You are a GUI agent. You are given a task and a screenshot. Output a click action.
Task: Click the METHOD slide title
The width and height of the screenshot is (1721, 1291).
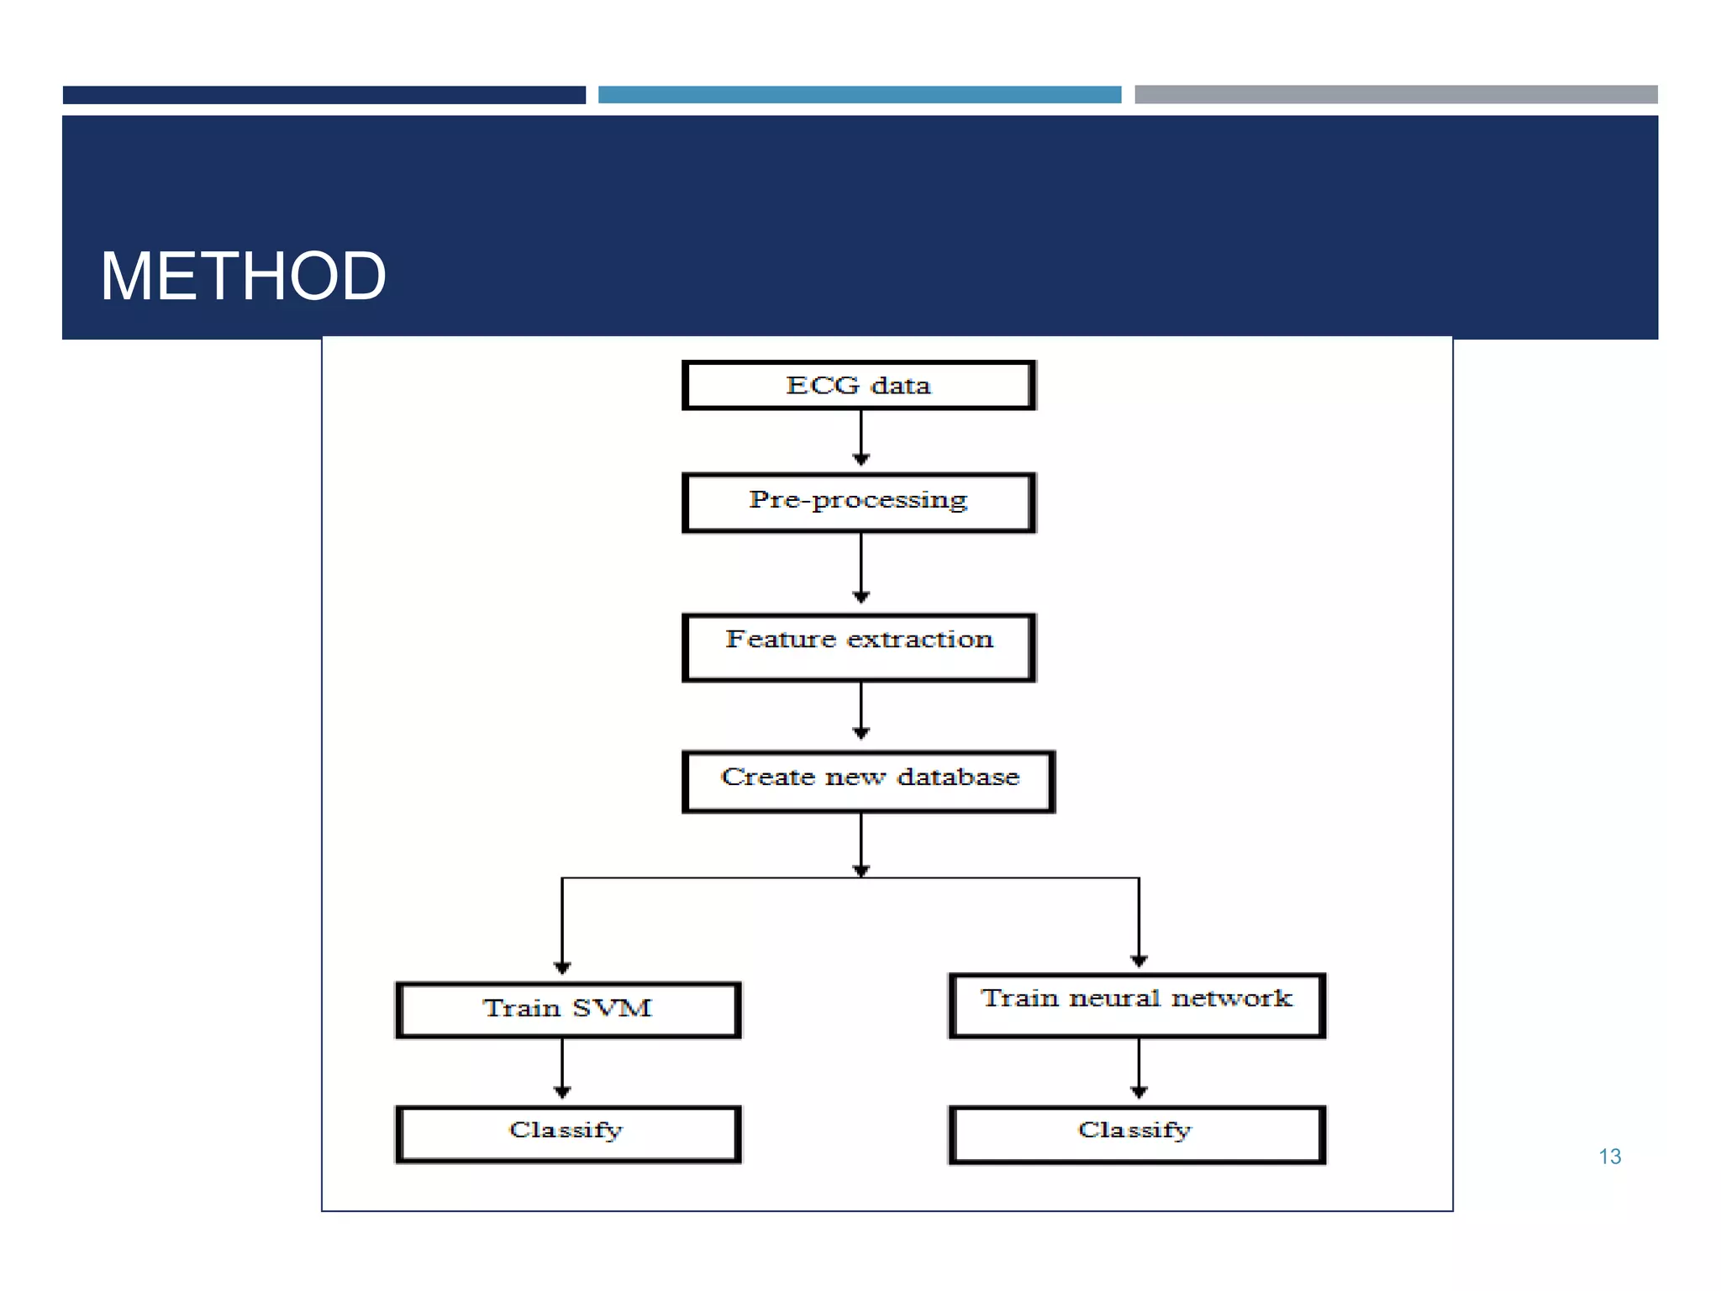click(243, 277)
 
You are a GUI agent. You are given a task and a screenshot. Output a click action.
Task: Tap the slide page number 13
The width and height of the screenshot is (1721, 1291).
click(1609, 1157)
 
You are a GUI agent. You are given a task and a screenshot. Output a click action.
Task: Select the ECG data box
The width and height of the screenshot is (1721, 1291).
click(859, 386)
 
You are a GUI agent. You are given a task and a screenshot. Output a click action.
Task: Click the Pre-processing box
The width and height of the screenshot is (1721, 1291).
click(859, 503)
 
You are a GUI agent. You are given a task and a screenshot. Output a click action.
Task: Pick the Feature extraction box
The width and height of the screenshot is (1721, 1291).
click(859, 646)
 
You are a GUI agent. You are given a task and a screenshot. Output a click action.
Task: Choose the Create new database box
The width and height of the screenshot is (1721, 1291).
click(868, 781)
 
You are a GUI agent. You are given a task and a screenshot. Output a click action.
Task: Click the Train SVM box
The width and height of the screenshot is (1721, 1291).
click(568, 1009)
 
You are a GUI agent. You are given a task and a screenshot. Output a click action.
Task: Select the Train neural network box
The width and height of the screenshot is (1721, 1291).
click(1136, 1005)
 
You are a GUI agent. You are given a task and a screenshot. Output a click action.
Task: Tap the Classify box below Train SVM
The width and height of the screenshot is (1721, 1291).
click(568, 1134)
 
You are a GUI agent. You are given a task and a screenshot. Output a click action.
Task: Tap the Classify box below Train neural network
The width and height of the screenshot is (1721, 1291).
click(1136, 1134)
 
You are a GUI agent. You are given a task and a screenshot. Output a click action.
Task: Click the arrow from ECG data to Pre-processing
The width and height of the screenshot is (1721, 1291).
click(860, 437)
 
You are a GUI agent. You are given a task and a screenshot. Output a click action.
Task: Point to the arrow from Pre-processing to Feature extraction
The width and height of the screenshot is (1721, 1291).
click(860, 567)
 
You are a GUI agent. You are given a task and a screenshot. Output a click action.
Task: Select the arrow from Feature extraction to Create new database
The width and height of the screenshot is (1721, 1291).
click(860, 710)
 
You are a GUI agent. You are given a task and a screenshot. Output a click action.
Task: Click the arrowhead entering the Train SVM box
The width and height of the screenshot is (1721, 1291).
click(562, 967)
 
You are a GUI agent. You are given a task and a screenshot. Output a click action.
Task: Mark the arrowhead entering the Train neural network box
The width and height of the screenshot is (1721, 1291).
click(1139, 961)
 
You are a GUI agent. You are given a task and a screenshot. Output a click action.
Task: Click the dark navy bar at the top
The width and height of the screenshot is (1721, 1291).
click(324, 95)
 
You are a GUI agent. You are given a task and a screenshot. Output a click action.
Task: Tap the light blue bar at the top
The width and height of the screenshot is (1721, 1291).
click(859, 95)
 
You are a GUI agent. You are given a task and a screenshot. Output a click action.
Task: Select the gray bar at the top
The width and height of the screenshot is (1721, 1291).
click(1395, 94)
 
